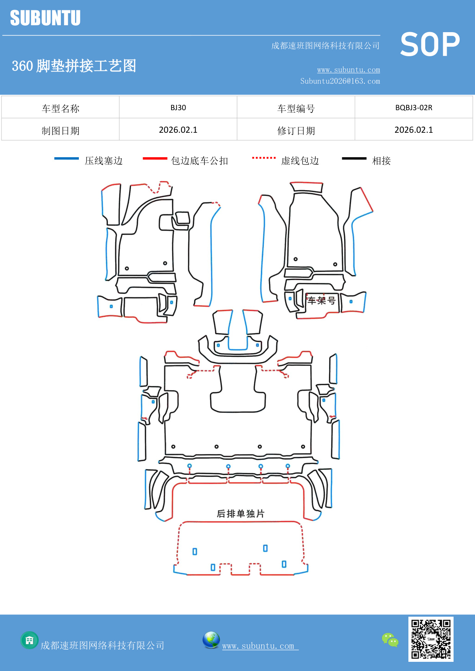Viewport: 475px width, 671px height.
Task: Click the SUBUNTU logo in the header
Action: [x=45, y=18]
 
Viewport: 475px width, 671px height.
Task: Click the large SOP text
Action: [x=429, y=45]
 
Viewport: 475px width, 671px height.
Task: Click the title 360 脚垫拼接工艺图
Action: [x=74, y=66]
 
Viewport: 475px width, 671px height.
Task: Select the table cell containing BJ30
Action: [x=178, y=107]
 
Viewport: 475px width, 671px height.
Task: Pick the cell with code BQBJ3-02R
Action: [x=413, y=107]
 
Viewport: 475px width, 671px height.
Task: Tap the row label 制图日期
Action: [x=60, y=131]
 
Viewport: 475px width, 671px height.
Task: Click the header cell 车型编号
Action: [x=295, y=109]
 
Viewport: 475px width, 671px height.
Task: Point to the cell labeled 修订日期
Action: [x=295, y=131]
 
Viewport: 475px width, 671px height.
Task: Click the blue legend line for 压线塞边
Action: [x=66, y=158]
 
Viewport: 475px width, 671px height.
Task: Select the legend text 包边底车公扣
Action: [x=199, y=161]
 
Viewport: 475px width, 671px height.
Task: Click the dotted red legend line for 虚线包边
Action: [x=264, y=158]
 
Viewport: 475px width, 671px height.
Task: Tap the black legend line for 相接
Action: [x=354, y=158]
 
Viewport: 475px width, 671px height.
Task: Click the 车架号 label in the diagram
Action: [x=322, y=301]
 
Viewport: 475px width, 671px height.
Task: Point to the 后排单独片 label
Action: [x=240, y=513]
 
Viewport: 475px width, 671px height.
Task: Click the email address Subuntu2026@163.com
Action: [x=340, y=81]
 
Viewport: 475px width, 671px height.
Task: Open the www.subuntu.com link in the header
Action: [x=348, y=70]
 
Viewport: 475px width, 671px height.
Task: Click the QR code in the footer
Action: [x=431, y=639]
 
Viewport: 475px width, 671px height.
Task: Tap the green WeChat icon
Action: [x=390, y=640]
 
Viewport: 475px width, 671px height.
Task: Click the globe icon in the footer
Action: [x=211, y=640]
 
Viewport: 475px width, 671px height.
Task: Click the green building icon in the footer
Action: [x=29, y=640]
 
